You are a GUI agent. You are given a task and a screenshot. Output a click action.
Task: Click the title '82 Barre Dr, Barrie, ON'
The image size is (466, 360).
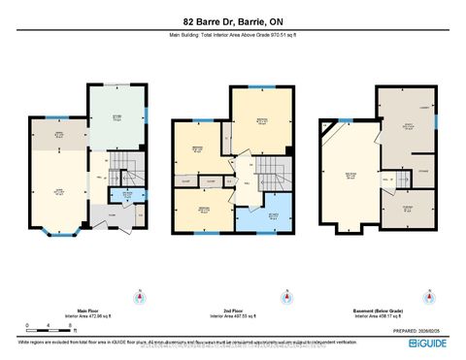pos(233,20)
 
